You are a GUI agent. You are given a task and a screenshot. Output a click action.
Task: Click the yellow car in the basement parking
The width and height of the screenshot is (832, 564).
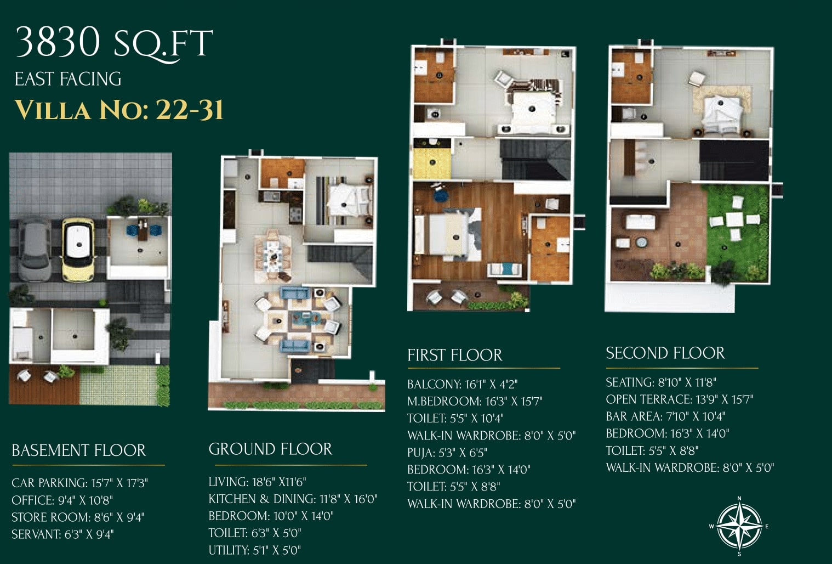[78, 250]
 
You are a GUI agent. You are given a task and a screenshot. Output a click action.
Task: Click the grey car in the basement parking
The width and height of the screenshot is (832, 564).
[34, 249]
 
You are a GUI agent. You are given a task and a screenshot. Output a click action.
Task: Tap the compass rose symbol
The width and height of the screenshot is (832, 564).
[739, 526]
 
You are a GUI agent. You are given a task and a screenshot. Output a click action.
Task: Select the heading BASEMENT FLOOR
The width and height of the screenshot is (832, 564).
[79, 450]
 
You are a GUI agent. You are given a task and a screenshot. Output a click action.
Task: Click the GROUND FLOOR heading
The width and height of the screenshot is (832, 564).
[270, 449]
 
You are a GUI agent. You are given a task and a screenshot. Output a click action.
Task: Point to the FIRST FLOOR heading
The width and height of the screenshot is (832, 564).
[454, 355]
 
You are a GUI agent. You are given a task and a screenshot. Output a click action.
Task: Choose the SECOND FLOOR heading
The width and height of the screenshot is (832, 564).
[665, 353]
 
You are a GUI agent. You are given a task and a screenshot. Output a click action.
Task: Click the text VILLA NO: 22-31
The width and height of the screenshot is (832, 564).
[119, 110]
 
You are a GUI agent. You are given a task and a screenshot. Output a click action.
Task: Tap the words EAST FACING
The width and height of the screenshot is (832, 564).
[68, 79]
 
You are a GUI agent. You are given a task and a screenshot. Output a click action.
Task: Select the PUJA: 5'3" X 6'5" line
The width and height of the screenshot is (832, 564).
[447, 453]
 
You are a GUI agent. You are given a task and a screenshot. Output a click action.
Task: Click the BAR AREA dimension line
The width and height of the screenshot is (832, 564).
[665, 416]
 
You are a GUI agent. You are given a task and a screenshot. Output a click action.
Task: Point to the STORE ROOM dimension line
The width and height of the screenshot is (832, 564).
[78, 517]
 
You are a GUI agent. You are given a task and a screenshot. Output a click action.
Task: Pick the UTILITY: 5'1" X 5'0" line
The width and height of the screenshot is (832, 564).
[255, 550]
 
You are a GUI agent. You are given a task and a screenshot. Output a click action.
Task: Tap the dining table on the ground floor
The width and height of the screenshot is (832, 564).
[273, 256]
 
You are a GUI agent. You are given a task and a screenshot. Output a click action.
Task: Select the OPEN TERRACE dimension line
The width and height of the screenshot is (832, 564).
[680, 399]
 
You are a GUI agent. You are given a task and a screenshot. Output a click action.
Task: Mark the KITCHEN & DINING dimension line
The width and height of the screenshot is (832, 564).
[293, 499]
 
